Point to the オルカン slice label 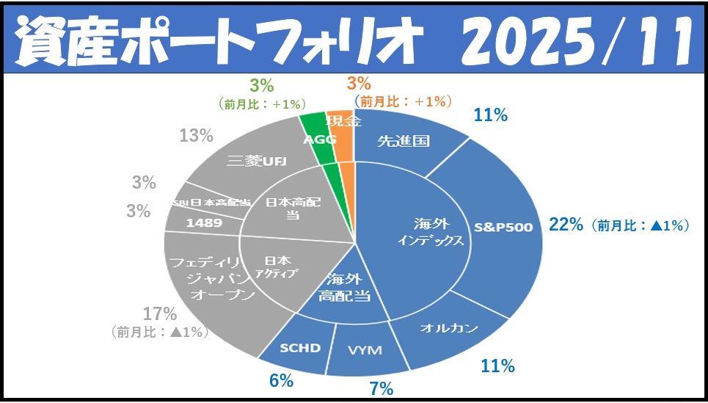pos(449,327)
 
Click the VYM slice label pos(365,350)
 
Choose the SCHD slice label pos(301,347)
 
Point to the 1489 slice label pos(204,222)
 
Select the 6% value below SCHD pos(281,380)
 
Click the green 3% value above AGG pos(260,84)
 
